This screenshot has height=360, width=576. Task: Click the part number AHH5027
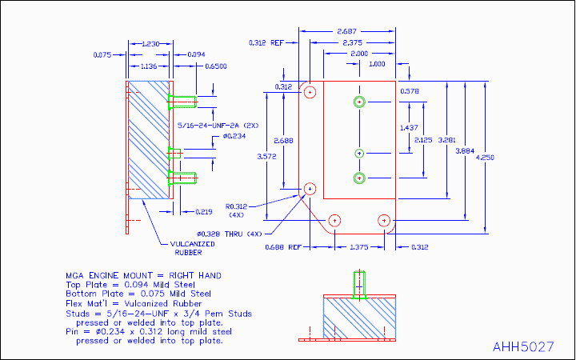523,347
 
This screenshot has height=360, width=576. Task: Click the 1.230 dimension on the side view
149,42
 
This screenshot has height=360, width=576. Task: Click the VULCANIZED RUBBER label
190,249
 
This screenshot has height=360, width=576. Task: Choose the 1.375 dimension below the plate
360,246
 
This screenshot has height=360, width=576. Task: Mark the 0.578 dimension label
410,91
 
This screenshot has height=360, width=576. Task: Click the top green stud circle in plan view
359,102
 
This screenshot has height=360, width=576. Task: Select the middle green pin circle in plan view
359,153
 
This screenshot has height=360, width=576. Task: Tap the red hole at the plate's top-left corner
310,92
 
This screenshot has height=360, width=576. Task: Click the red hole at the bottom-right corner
385,220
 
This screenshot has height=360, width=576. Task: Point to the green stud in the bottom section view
359,285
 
